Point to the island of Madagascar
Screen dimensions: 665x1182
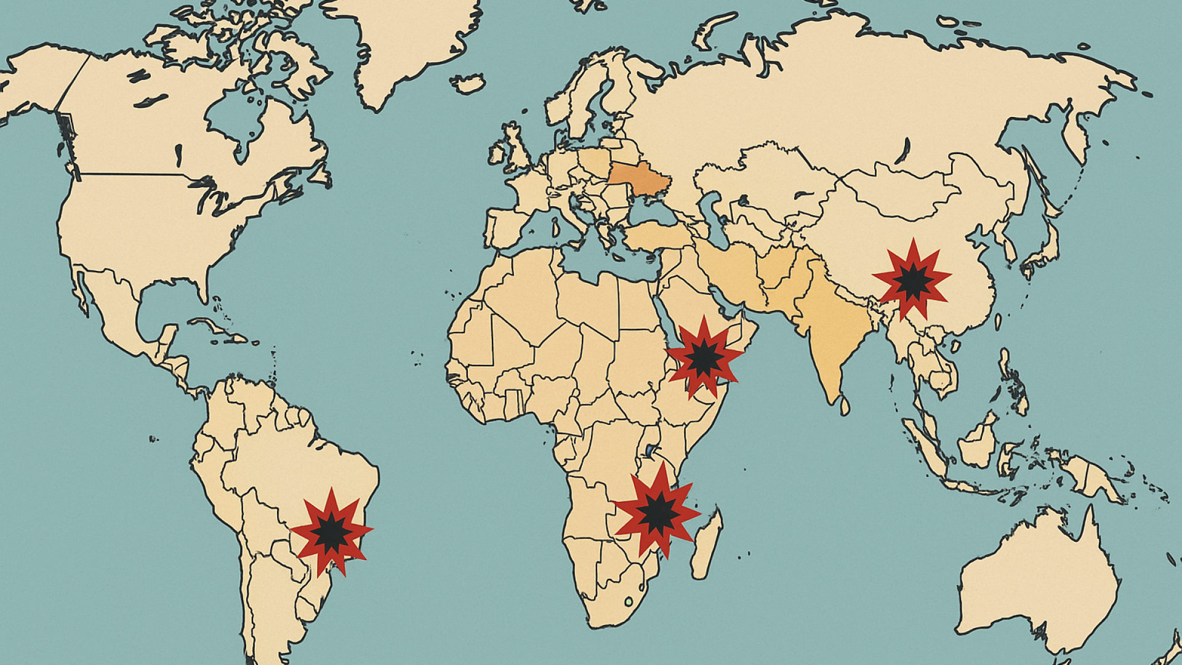click(x=706, y=545)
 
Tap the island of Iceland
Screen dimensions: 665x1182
click(x=468, y=83)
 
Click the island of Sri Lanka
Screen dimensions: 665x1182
click(x=845, y=406)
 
